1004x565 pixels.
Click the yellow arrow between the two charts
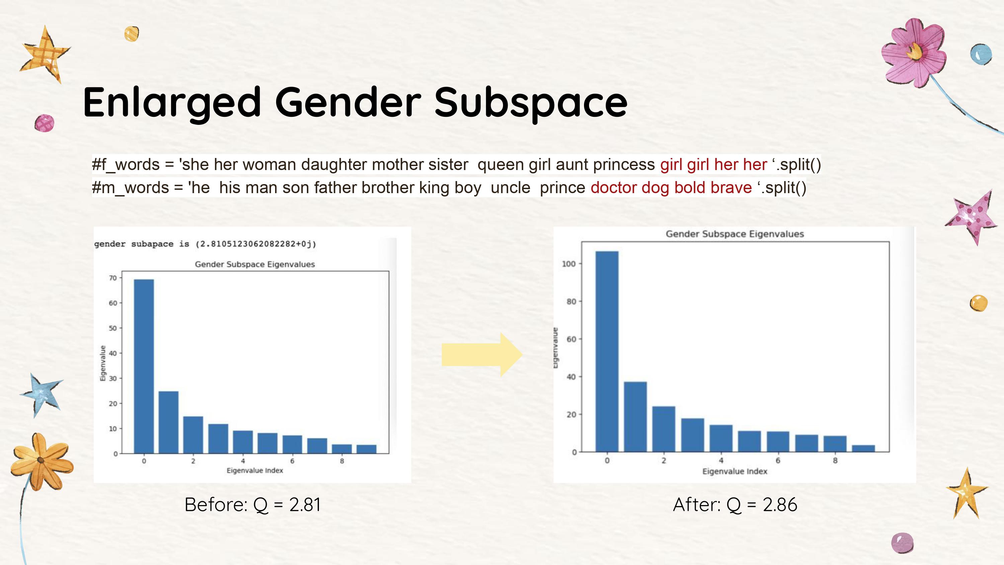pyautogui.click(x=481, y=354)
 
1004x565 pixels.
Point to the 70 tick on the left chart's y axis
pyautogui.click(x=113, y=278)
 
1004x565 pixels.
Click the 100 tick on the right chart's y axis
pyautogui.click(x=568, y=264)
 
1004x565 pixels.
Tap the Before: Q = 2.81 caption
pyautogui.click(x=253, y=504)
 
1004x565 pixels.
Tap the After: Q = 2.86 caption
pyautogui.click(x=735, y=504)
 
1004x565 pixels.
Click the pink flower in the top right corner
pyautogui.click(x=914, y=53)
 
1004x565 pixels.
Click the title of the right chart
pyautogui.click(x=734, y=234)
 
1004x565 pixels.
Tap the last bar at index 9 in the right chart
pyautogui.click(x=863, y=448)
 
